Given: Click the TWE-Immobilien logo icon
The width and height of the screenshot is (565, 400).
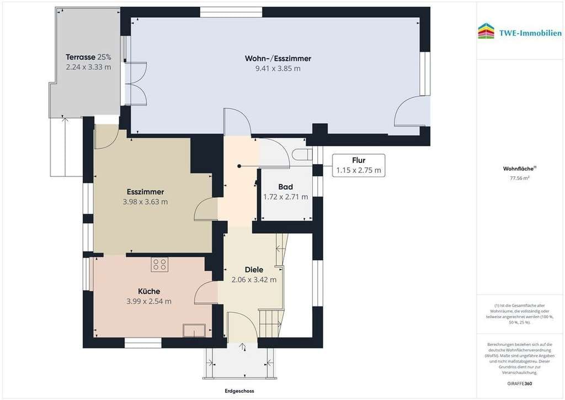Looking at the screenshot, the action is tap(486, 31).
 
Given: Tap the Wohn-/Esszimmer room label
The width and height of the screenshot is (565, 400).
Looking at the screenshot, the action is tap(278, 59).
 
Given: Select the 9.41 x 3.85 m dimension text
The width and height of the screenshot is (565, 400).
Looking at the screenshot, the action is tap(278, 69).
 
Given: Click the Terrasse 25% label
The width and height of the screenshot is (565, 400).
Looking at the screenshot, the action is tap(88, 57).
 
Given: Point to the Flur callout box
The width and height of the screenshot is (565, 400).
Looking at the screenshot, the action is tap(359, 166).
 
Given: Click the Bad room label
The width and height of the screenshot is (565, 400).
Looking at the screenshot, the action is tap(285, 187).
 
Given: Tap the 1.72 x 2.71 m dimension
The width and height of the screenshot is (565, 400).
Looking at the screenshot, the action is tap(285, 197).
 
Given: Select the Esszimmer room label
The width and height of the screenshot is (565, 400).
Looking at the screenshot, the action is tap(145, 192).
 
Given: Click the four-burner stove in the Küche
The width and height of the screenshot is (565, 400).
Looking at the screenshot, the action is tap(159, 264).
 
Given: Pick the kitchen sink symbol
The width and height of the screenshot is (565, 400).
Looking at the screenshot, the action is tap(194, 330).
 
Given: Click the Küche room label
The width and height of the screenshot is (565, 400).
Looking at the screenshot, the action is tap(149, 291).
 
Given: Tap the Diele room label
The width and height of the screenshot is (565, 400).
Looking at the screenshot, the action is tap(254, 270).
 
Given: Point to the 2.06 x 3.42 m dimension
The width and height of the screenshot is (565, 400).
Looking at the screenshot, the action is tap(254, 280).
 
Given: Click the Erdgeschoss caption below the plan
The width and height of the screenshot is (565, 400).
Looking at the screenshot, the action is tap(239, 391).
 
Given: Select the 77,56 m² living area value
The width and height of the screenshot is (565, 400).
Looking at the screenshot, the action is tap(520, 178).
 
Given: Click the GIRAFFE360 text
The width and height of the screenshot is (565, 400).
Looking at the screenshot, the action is tap(520, 383).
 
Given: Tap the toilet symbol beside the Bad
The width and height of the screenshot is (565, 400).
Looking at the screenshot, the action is tap(302, 155).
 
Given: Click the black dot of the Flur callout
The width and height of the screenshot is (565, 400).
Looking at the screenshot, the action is tap(239, 166).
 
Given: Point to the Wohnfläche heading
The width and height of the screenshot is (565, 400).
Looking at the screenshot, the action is tap(519, 169).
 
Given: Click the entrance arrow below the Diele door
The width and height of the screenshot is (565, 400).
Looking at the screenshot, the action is tap(243, 346).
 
